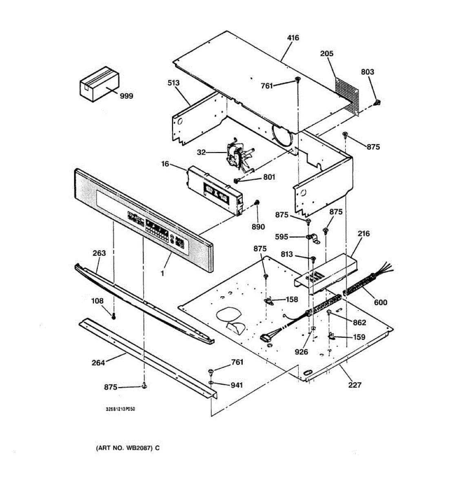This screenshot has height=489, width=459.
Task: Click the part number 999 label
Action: (x=126, y=96)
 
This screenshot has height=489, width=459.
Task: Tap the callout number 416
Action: (x=293, y=38)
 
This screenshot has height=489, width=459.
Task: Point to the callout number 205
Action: (x=326, y=53)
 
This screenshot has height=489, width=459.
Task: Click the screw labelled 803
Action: (x=378, y=102)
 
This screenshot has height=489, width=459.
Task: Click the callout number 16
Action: (x=165, y=164)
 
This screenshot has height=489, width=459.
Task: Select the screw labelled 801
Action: (x=237, y=180)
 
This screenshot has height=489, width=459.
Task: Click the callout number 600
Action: (x=381, y=302)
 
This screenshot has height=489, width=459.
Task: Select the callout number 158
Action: (x=292, y=300)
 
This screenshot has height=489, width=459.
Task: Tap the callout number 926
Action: (x=301, y=352)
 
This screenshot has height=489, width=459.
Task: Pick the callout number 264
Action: (x=98, y=362)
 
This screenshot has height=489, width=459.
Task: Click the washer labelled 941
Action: (x=211, y=383)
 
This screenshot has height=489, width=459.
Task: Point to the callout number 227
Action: (x=355, y=384)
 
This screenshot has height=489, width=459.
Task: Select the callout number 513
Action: (x=173, y=83)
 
